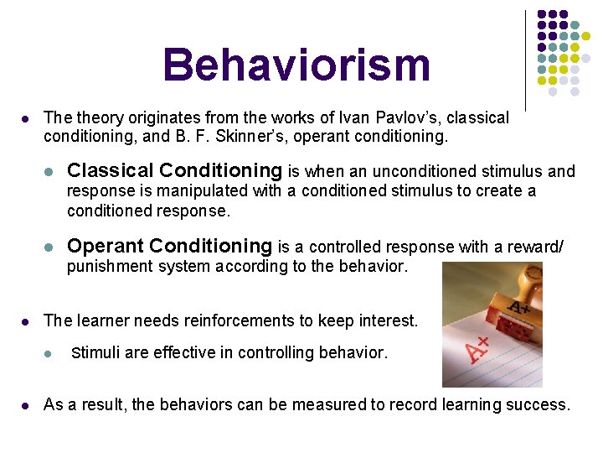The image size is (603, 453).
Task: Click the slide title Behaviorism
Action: coord(296,65)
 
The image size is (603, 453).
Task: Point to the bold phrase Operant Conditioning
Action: coord(170,246)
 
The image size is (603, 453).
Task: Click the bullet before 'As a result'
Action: coord(26,405)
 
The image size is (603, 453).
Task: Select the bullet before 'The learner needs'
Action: coord(26,321)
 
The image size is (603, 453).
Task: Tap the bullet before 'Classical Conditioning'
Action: coord(49,172)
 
